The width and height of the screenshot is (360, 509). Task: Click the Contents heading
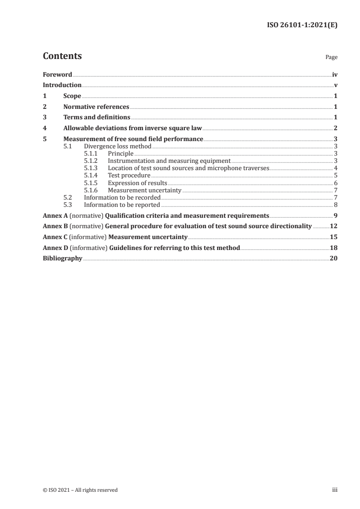click(x=62, y=56)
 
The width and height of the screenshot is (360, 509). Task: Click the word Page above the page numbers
click(x=331, y=58)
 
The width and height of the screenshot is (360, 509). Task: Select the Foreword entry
click(x=57, y=74)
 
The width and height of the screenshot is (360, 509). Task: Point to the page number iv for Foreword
click(x=335, y=74)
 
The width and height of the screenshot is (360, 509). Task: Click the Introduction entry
click(x=62, y=85)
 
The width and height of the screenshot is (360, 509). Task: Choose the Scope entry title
click(x=72, y=96)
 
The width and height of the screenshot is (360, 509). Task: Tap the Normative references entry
click(x=96, y=107)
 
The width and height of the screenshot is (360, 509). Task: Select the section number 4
click(x=44, y=128)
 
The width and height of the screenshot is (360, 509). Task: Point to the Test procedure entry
click(x=129, y=175)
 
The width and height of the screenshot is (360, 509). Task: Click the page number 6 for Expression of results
click(x=335, y=183)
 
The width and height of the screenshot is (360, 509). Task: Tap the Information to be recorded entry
click(x=122, y=197)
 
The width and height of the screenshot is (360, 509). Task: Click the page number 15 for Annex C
click(x=334, y=237)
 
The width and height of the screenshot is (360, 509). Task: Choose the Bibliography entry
click(x=62, y=258)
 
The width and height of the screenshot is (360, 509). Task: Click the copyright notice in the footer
click(x=80, y=490)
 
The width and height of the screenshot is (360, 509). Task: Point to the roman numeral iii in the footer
click(x=335, y=490)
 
